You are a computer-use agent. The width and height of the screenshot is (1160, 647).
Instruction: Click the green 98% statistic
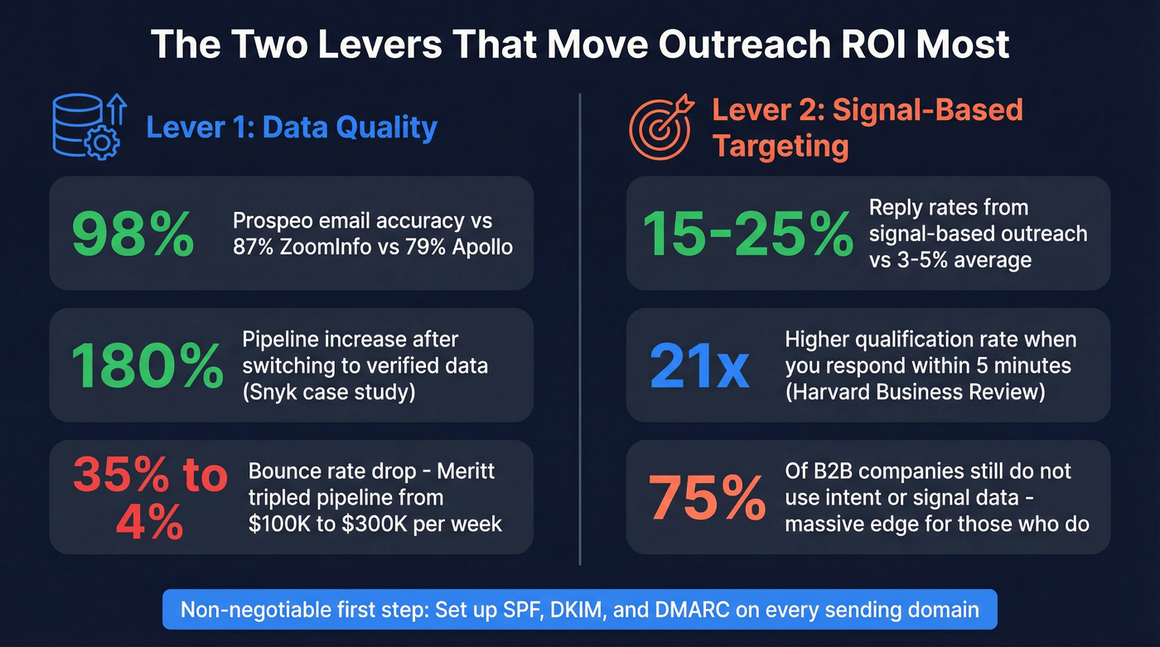[x=133, y=234]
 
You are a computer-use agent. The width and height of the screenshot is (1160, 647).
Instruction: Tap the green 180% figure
[x=147, y=365]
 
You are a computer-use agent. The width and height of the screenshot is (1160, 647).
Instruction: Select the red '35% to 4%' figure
[x=150, y=498]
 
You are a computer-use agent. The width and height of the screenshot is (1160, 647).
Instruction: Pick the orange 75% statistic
[x=707, y=498]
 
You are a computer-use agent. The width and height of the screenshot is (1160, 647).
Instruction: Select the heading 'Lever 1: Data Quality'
[x=291, y=128]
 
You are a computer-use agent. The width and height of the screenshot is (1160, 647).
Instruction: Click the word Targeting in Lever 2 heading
[x=781, y=146]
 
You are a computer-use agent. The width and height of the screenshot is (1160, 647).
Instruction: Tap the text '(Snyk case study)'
[x=328, y=391]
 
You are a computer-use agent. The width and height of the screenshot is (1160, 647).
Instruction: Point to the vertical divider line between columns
[x=580, y=331]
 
